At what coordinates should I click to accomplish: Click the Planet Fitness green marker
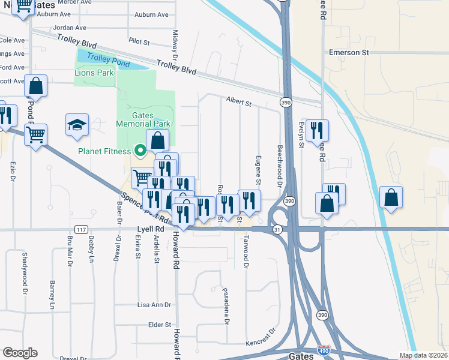tap(140, 151)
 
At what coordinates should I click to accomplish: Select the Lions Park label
tap(94, 73)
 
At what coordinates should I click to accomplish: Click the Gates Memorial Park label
tap(148, 119)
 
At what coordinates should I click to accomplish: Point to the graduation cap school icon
tap(77, 125)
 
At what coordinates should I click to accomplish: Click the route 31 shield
tap(277, 229)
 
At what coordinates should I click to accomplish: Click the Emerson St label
tap(348, 53)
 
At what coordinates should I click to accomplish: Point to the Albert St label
tap(238, 102)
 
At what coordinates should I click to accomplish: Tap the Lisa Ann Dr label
tap(154, 305)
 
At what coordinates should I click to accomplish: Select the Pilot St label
tap(139, 41)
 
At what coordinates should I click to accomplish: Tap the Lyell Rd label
tap(151, 229)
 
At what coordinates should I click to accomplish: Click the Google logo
tap(20, 353)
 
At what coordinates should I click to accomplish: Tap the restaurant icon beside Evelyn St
tap(316, 130)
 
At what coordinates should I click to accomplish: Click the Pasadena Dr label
tap(226, 305)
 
